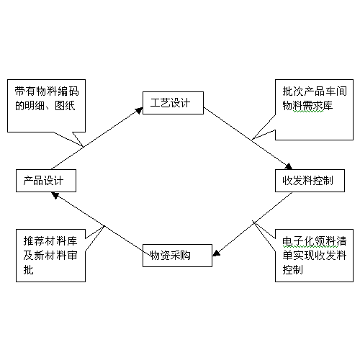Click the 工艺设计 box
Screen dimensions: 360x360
click(x=173, y=103)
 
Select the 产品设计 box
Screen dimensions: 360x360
click(x=46, y=181)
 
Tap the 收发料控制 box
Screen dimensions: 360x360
click(x=310, y=181)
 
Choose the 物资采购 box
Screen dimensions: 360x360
click(x=177, y=256)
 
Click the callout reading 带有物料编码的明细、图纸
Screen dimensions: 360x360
click(x=46, y=106)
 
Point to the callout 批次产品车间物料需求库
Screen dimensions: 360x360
click(x=314, y=109)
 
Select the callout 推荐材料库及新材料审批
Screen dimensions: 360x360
click(x=50, y=256)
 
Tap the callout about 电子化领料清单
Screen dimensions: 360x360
click(x=314, y=256)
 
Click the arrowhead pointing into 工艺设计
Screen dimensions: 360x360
click(x=139, y=110)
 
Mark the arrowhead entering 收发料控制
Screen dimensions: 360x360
click(x=288, y=166)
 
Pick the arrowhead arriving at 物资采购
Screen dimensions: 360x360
click(x=216, y=253)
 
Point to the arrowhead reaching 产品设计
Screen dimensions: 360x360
click(x=55, y=195)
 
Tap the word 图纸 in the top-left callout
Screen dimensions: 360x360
click(x=65, y=106)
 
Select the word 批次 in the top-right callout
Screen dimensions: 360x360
click(x=293, y=91)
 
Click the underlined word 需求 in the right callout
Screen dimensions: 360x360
click(x=312, y=106)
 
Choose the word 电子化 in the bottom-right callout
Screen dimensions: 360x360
click(x=298, y=241)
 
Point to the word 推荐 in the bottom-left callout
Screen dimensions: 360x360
click(x=34, y=241)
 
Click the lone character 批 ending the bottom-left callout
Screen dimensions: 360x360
click(x=29, y=269)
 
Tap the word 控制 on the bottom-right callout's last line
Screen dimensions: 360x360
click(x=293, y=269)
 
